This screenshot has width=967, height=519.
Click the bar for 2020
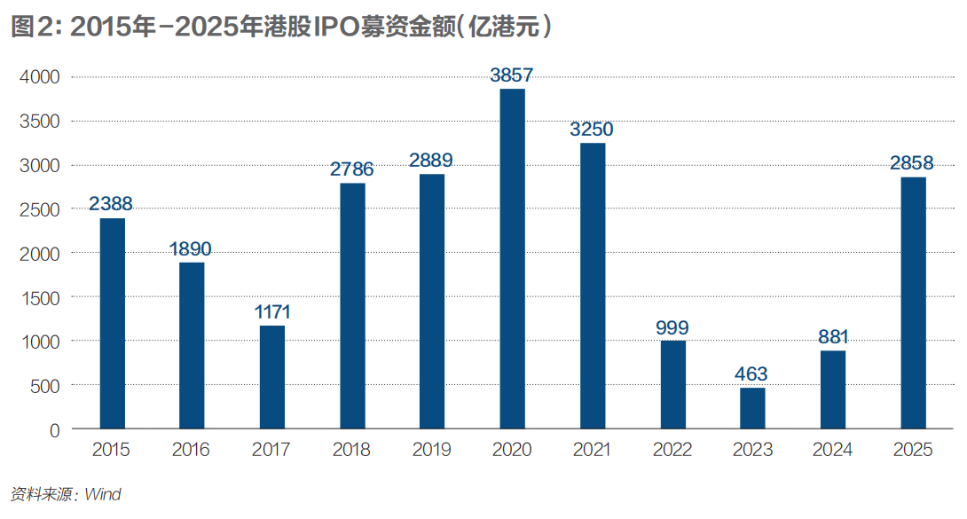[x=512, y=259]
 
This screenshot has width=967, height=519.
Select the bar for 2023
[x=752, y=408]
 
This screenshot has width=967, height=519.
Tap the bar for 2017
[x=272, y=377]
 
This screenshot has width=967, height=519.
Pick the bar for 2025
[x=913, y=303]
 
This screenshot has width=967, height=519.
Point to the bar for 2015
[x=112, y=324]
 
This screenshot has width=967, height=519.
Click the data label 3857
[x=512, y=75]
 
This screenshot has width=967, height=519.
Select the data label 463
[x=751, y=374]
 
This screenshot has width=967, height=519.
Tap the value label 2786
[x=352, y=169]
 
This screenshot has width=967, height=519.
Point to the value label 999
[x=672, y=327]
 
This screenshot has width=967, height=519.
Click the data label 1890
[x=192, y=249]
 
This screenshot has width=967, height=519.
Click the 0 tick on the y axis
[x=55, y=430]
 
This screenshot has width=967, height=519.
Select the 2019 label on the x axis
[x=432, y=451]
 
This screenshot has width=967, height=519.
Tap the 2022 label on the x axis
[x=672, y=451]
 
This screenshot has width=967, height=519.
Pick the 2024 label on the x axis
[x=832, y=451]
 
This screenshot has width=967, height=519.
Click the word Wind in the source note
[x=103, y=495]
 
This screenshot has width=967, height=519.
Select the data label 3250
[x=592, y=130]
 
